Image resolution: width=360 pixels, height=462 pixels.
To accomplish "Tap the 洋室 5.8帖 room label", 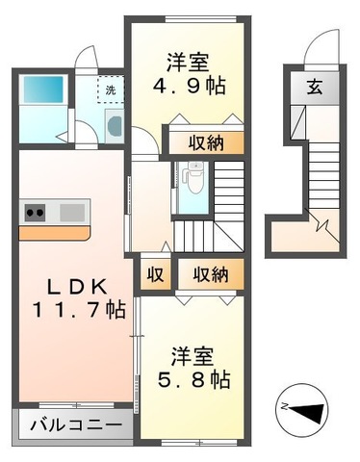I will pyautogui.click(x=192, y=366).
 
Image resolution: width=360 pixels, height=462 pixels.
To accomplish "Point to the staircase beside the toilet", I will pyautogui.click(x=229, y=202).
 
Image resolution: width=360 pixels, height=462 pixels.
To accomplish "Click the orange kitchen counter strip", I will pyautogui.click(x=53, y=232).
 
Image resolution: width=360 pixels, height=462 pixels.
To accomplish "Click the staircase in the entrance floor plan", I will pyautogui.click(x=322, y=173).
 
